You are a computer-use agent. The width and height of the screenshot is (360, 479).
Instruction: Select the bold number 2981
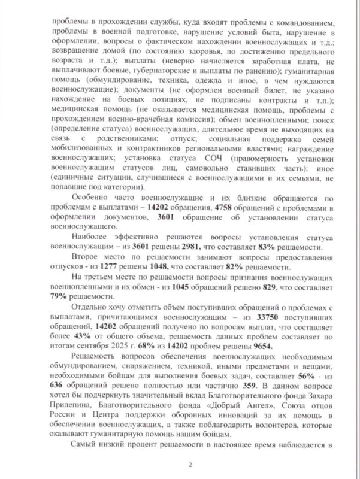coord(226,248)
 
